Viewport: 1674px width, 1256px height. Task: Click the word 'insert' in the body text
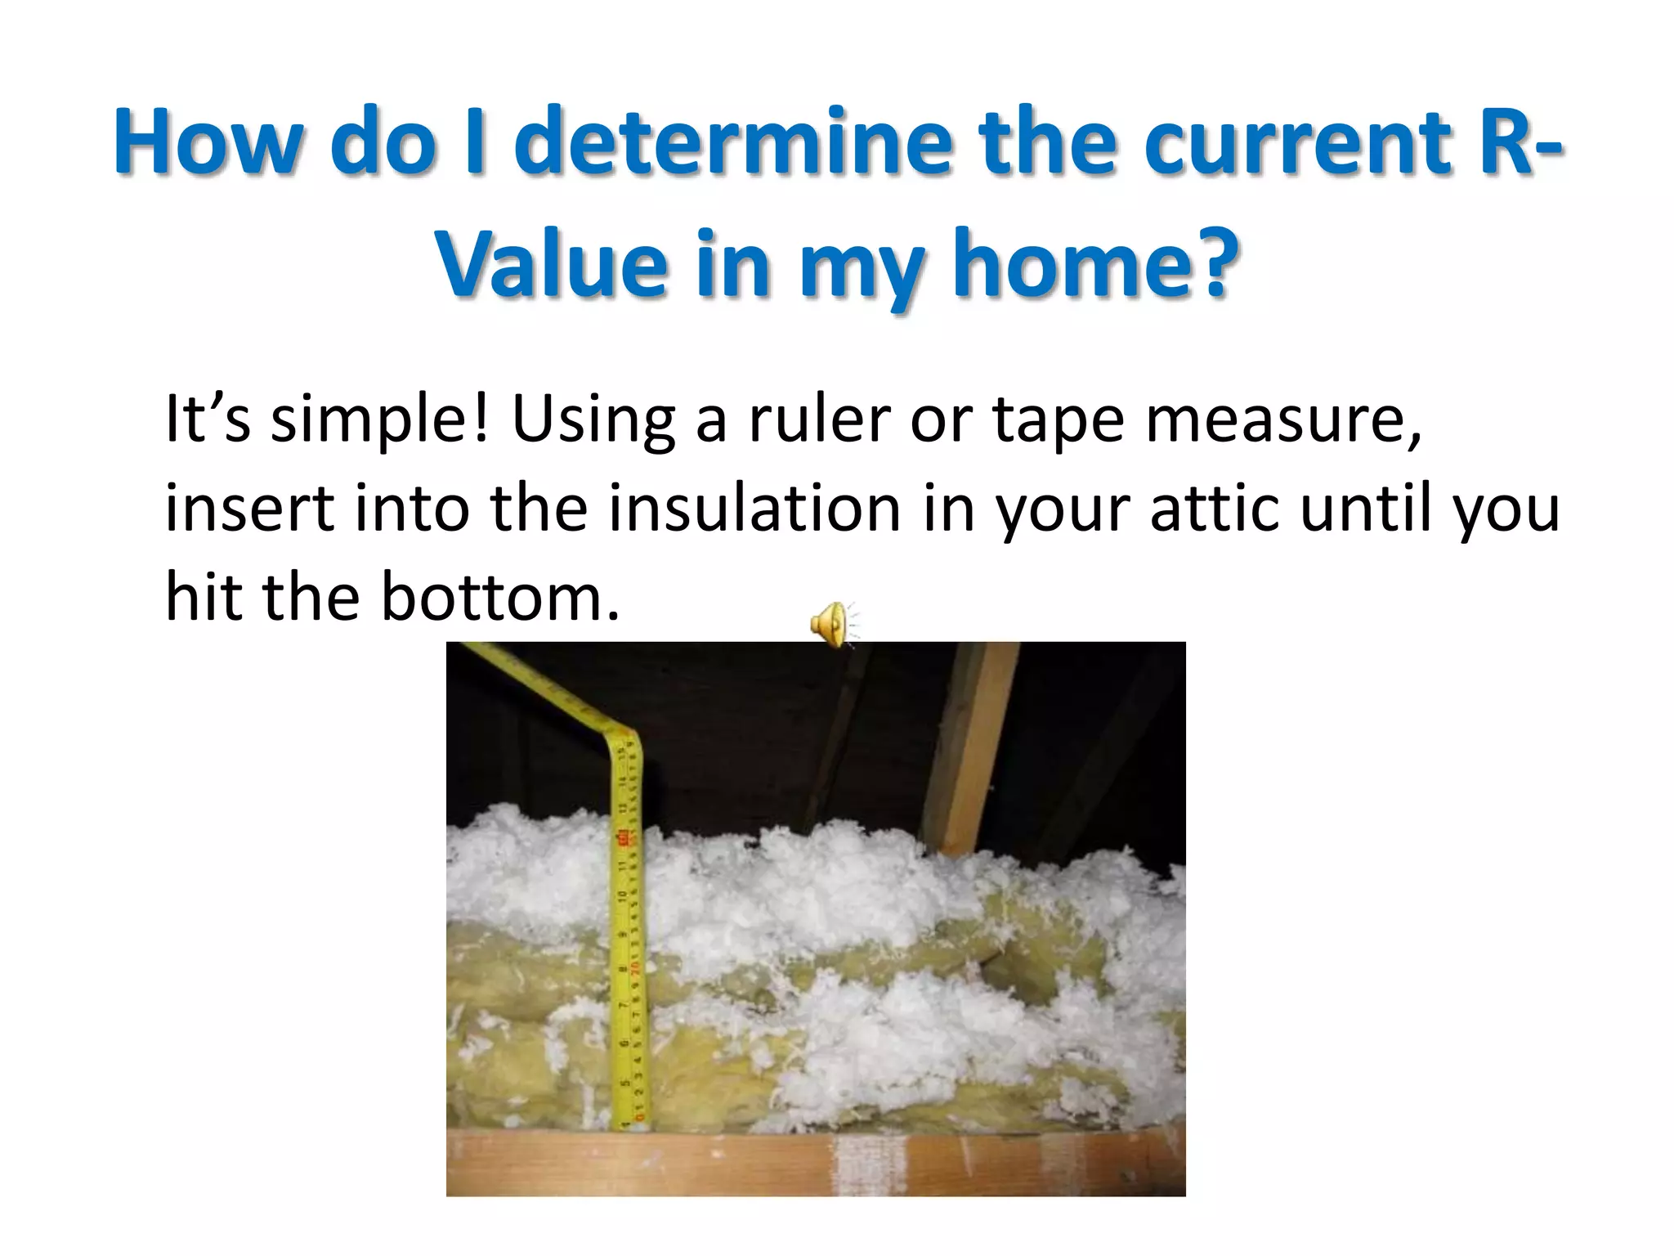249,509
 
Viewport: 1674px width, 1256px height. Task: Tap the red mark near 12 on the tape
623,838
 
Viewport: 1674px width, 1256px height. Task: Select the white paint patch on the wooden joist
868,1161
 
